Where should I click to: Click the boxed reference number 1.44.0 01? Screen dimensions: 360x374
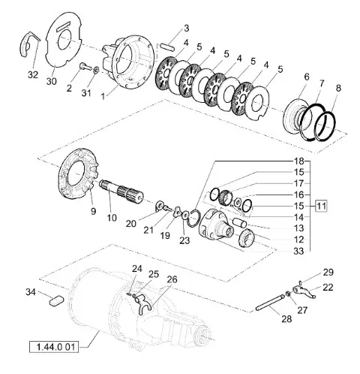tap(54, 348)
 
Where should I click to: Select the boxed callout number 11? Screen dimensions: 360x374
tap(321, 207)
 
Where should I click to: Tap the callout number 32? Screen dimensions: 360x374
tap(33, 74)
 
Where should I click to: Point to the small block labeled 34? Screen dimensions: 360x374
tap(57, 300)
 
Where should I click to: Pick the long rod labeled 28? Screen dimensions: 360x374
tap(270, 303)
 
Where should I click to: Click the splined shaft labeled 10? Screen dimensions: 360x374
tap(121, 192)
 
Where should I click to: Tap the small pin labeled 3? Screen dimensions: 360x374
tap(167, 47)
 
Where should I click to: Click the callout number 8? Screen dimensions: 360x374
tap(338, 89)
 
